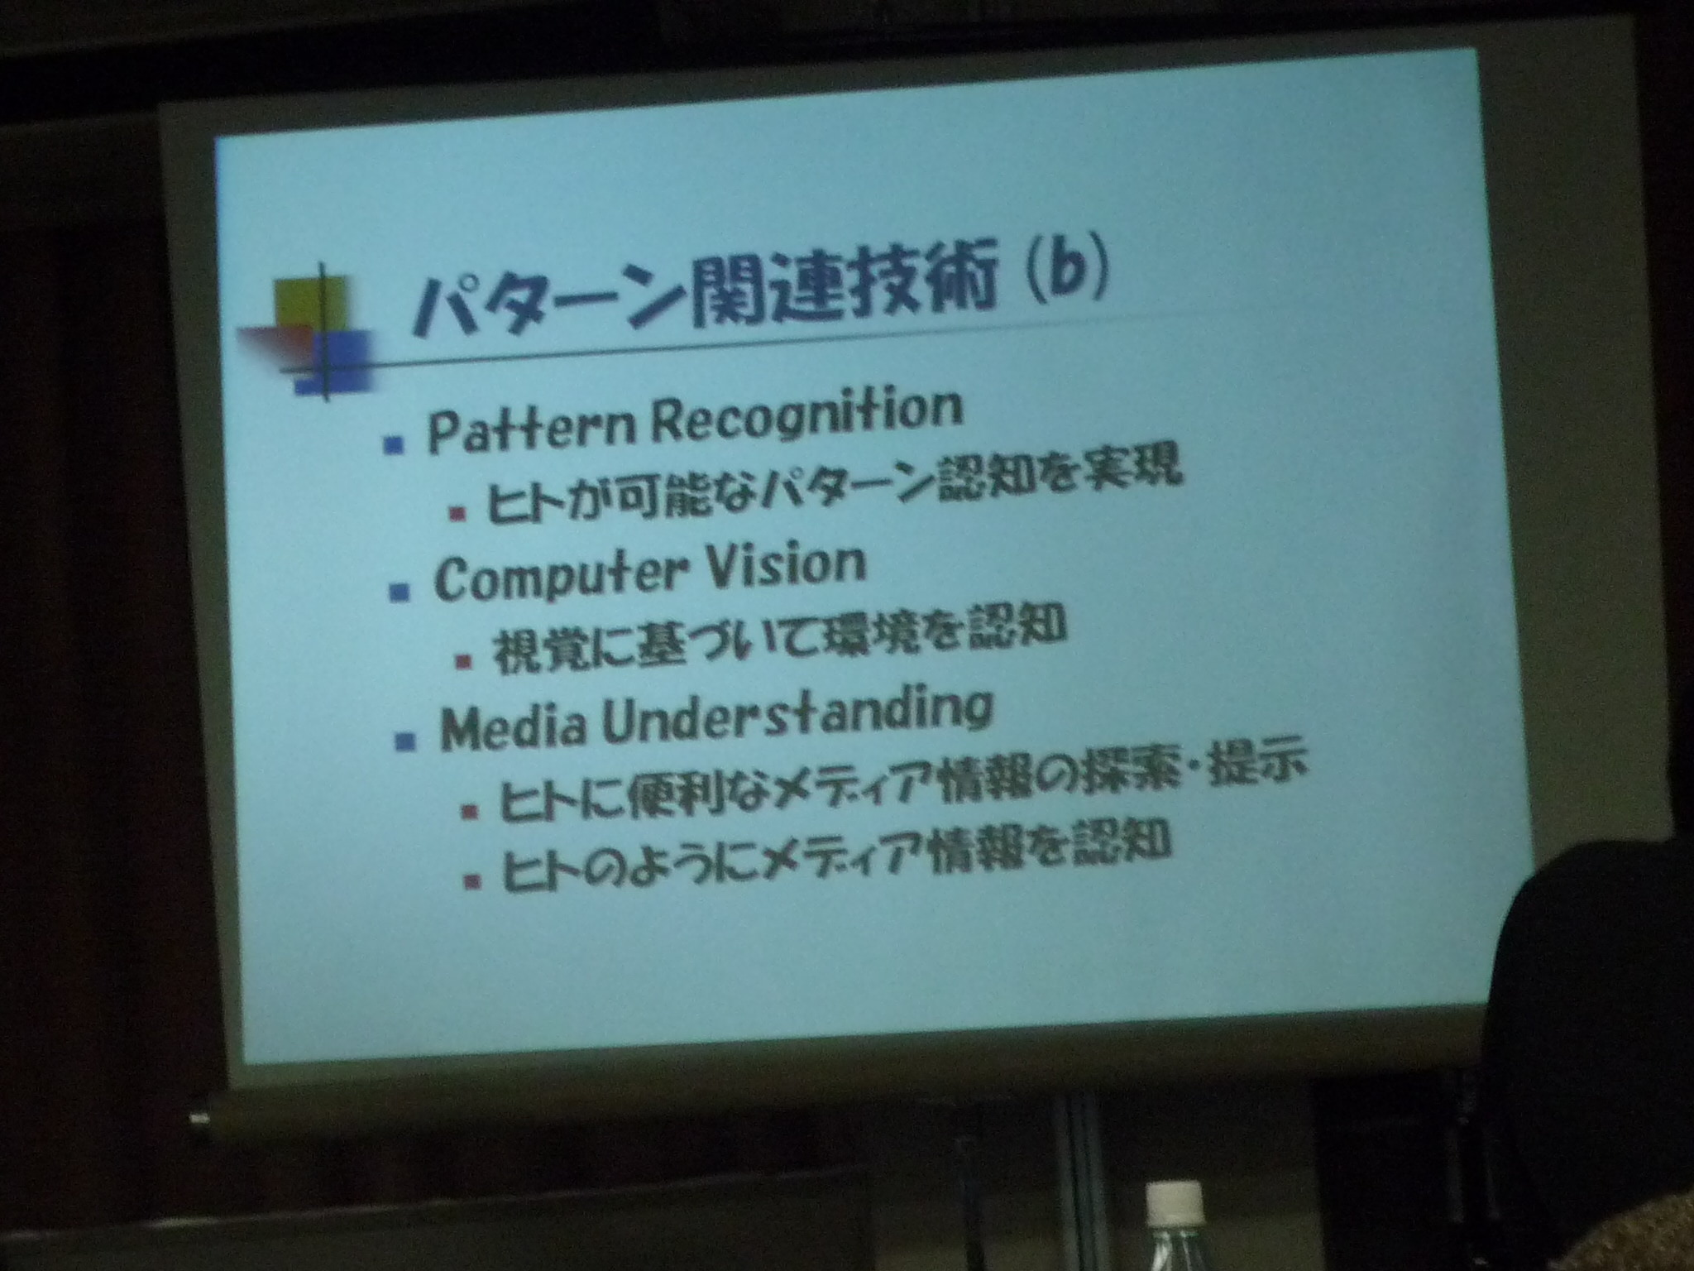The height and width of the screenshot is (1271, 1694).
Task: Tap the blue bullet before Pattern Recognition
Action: pyautogui.click(x=394, y=445)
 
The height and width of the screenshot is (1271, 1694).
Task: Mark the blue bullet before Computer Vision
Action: pyautogui.click(x=400, y=592)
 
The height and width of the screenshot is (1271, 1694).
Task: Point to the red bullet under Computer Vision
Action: pyautogui.click(x=463, y=661)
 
